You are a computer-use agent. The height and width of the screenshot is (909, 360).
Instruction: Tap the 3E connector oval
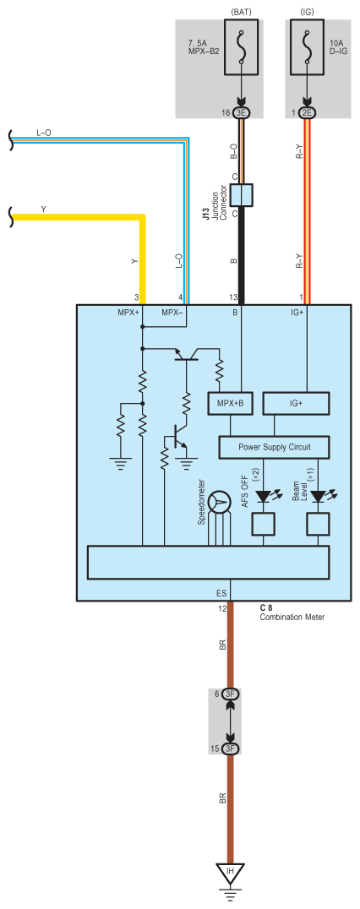click(241, 113)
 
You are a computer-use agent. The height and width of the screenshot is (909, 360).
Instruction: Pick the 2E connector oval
click(307, 113)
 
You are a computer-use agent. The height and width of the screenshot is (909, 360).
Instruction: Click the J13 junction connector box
click(241, 195)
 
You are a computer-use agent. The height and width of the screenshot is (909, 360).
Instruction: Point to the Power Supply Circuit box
click(274, 447)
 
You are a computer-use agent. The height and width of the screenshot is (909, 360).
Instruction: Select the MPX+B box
click(230, 403)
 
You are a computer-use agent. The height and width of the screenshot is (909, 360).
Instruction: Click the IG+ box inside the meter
click(297, 403)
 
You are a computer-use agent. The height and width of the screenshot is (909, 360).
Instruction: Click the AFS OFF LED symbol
click(264, 497)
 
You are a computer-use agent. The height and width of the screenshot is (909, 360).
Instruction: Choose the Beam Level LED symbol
click(319, 497)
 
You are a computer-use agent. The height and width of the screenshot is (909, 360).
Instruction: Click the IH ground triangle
click(230, 872)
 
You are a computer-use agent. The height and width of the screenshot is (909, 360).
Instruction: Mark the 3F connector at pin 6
click(230, 694)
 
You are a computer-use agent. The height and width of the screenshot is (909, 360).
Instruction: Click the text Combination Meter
click(292, 617)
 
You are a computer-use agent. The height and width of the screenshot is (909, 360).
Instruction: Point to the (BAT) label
click(241, 11)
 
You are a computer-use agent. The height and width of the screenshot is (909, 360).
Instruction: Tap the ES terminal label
click(221, 594)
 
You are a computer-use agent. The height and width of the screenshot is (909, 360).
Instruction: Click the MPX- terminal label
click(172, 313)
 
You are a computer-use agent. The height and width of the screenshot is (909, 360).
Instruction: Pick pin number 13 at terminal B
click(233, 297)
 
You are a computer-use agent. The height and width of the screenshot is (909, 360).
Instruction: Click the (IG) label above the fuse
click(307, 11)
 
